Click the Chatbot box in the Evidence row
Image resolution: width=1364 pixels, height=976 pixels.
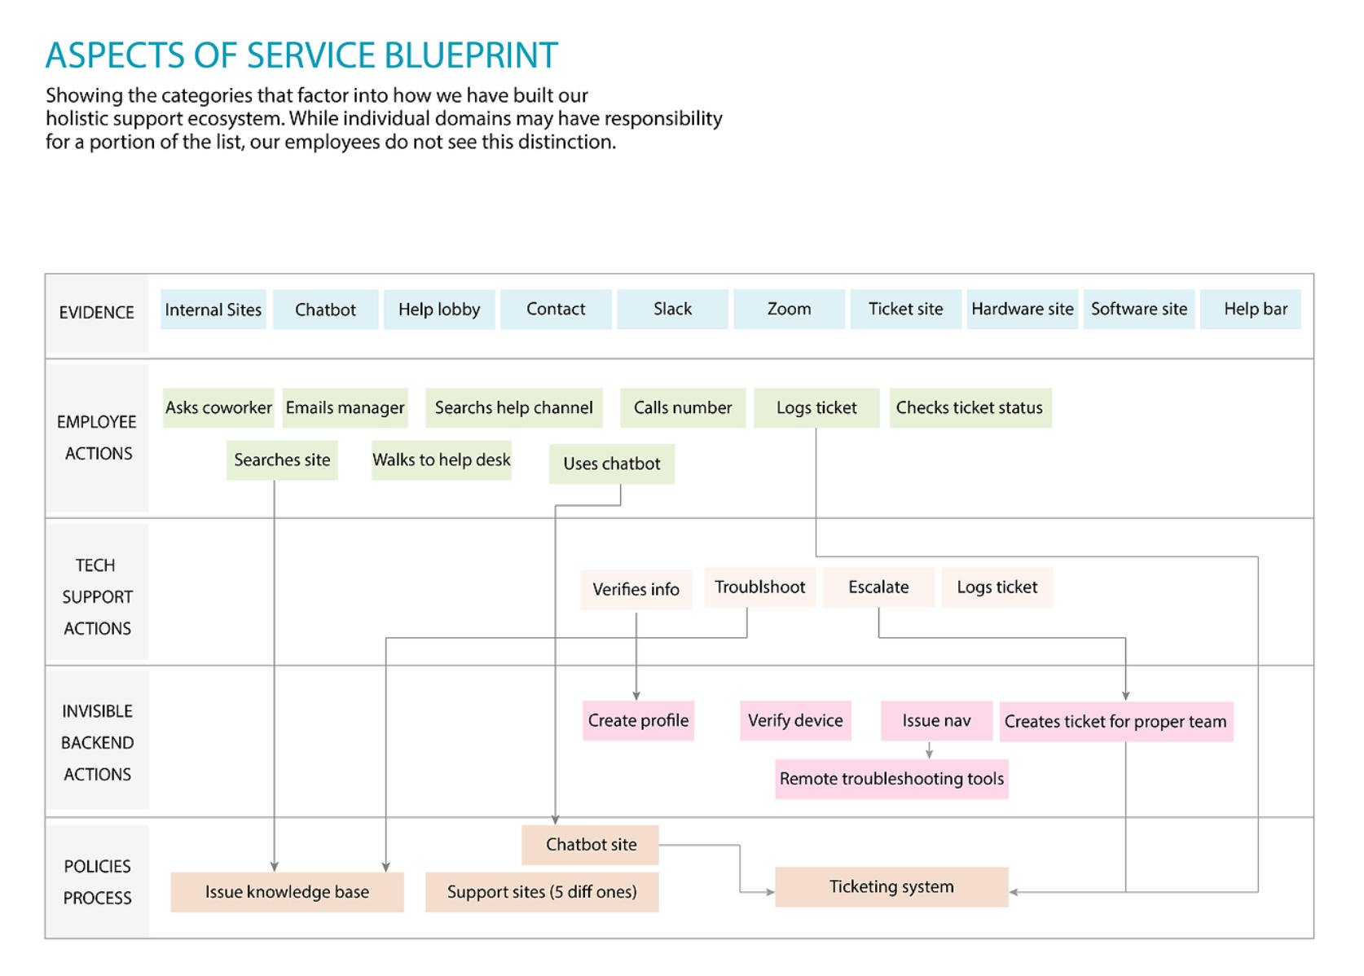325,310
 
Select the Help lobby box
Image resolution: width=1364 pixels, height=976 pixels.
439,310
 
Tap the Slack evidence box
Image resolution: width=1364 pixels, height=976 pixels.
672,310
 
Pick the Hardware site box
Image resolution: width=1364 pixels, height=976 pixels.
1022,310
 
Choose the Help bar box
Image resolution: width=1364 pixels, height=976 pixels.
1255,310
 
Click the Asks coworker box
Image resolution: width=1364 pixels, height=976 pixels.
218,407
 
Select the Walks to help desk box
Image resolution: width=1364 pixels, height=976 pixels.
441,460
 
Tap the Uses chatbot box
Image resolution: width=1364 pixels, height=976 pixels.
611,464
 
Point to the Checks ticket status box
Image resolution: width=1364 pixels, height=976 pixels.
970,407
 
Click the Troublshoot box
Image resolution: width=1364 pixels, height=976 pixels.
759,587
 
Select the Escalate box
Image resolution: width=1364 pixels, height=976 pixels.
878,587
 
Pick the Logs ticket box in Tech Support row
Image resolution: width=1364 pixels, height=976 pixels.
997,587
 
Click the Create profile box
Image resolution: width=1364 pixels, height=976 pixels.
638,721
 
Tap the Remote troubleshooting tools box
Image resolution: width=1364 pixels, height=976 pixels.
891,779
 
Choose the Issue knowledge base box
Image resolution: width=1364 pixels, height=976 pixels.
287,892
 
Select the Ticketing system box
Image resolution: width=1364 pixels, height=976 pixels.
891,886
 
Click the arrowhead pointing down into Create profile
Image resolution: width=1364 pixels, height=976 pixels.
636,695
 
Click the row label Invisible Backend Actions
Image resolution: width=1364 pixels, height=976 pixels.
97,742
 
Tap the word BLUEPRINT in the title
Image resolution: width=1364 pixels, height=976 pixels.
471,55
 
